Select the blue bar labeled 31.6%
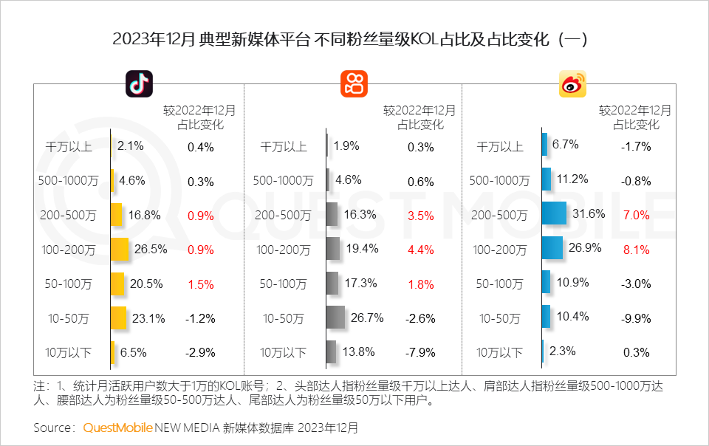pyautogui.click(x=554, y=214)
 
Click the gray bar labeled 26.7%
pyautogui.click(x=335, y=318)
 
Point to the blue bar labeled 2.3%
pyautogui.click(x=543, y=352)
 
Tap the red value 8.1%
pyautogui.click(x=636, y=250)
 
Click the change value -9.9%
pyautogui.click(x=636, y=319)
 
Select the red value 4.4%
pyautogui.click(x=420, y=250)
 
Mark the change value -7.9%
pyautogui.click(x=420, y=353)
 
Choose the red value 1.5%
pyautogui.click(x=201, y=284)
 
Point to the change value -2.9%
pyautogui.click(x=201, y=353)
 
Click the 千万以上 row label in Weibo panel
pyautogui.click(x=500, y=147)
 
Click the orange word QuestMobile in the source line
pyautogui.click(x=117, y=428)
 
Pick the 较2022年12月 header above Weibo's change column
pyautogui.click(x=635, y=110)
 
